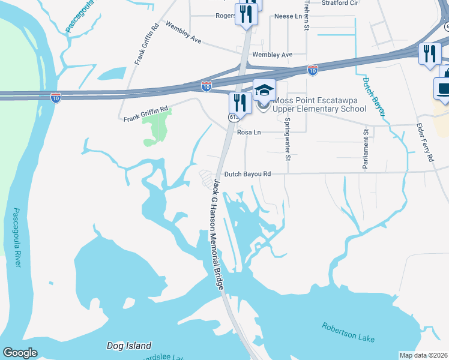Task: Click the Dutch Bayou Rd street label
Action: tap(247, 174)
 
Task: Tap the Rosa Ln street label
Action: tap(249, 132)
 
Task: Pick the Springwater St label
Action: tap(288, 140)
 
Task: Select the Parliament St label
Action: tap(365, 148)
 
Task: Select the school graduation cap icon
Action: tap(264, 90)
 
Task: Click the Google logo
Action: tap(20, 353)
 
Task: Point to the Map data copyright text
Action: tap(424, 355)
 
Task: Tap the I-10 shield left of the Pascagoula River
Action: tap(55, 97)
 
